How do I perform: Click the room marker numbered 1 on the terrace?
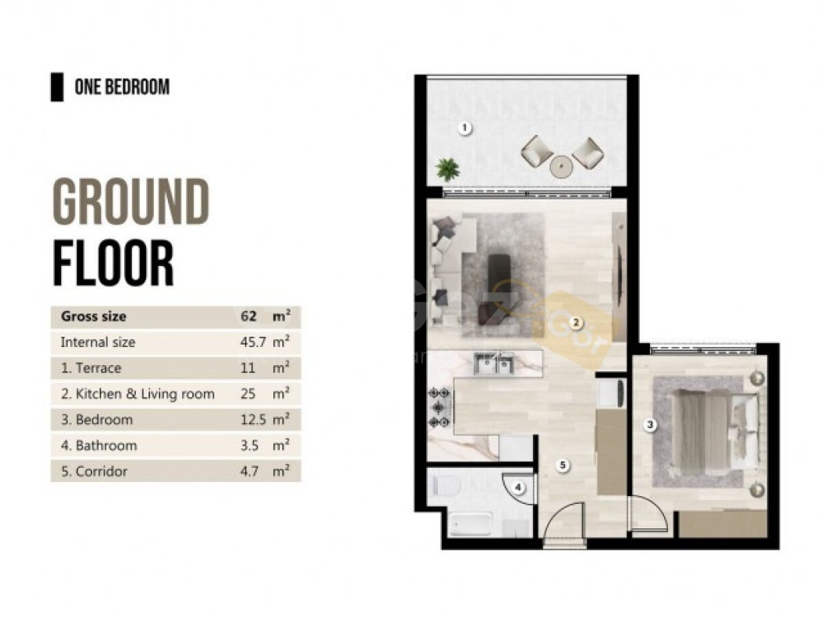pos(465,128)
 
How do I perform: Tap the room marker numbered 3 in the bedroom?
pos(650,425)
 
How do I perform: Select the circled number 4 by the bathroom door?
pos(518,487)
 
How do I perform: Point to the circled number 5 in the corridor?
pos(563,465)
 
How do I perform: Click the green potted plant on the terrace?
pos(447,170)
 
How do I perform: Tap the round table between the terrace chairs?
pos(561,167)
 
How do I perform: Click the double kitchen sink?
pos(494,364)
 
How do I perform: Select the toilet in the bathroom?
pos(445,485)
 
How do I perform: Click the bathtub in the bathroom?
pos(470,524)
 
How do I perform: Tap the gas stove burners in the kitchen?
pos(440,407)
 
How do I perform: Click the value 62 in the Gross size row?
pos(248,316)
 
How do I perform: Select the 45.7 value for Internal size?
pos(253,342)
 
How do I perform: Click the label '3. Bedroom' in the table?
pos(97,420)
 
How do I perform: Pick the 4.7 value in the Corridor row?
pos(250,471)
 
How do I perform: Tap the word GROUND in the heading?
pos(131,202)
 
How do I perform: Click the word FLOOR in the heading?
pos(114,263)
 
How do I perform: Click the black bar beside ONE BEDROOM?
pos(57,87)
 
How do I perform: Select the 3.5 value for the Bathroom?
pos(250,446)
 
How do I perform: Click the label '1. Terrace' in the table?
pos(91,368)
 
